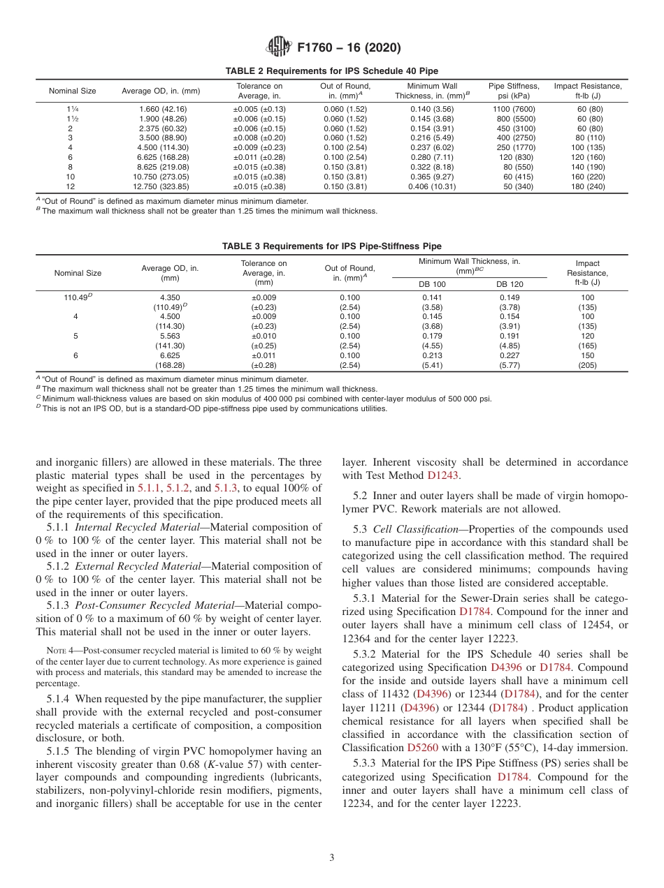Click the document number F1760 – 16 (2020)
[348, 48]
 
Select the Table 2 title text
[331, 71]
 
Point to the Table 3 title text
[331, 246]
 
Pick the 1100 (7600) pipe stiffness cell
[509, 109]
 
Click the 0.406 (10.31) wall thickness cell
[432, 187]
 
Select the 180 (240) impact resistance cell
[587, 187]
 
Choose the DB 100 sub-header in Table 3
[432, 284]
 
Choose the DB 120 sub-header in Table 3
[510, 284]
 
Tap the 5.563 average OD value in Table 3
[170, 336]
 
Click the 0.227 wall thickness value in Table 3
[510, 355]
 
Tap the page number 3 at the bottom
[332, 858]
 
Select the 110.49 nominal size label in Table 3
[77, 297]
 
